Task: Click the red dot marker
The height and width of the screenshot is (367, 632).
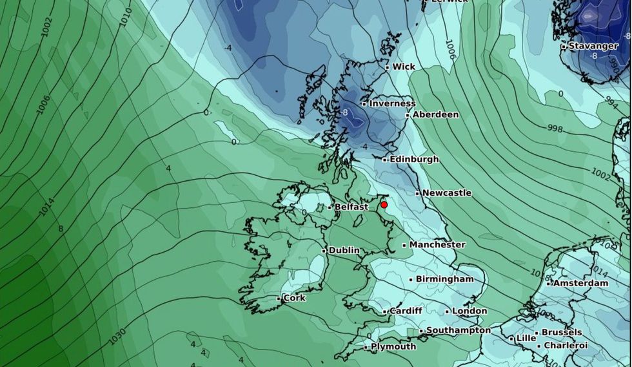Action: pyautogui.click(x=384, y=205)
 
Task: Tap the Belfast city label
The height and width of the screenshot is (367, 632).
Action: pyautogui.click(x=351, y=207)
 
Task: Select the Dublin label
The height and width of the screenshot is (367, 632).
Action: pyautogui.click(x=344, y=250)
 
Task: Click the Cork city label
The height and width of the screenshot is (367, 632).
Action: pyautogui.click(x=294, y=298)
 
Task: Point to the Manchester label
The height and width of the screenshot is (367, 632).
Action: pyautogui.click(x=437, y=245)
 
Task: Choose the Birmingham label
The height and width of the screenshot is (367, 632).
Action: pyautogui.click(x=444, y=279)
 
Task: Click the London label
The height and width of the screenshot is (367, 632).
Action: pyautogui.click(x=469, y=311)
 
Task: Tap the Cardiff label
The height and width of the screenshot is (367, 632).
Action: pyautogui.click(x=406, y=311)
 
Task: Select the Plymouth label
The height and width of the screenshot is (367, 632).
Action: pyautogui.click(x=393, y=347)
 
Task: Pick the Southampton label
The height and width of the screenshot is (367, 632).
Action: pyautogui.click(x=459, y=330)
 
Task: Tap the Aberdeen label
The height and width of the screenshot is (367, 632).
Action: pyautogui.click(x=436, y=114)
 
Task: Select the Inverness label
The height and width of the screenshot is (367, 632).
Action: pyautogui.click(x=392, y=103)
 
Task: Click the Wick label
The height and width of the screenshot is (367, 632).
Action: pyautogui.click(x=404, y=67)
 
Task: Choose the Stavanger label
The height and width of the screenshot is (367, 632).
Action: pyautogui.click(x=593, y=46)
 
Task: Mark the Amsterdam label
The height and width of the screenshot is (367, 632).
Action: pyautogui.click(x=581, y=283)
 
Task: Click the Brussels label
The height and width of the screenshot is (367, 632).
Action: pyautogui.click(x=562, y=332)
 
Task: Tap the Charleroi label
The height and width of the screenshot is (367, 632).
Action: pyautogui.click(x=566, y=346)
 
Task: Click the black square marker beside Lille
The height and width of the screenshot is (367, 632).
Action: pyautogui.click(x=511, y=339)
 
